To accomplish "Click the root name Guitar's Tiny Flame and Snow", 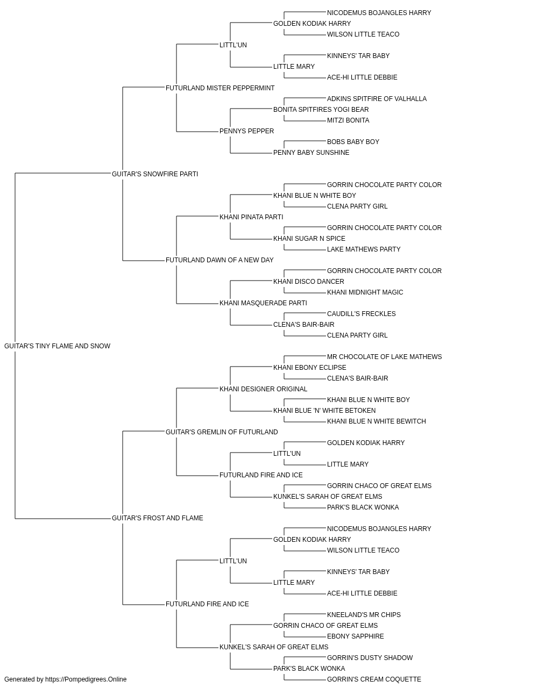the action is [58, 346].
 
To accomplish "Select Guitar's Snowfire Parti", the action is [155, 174].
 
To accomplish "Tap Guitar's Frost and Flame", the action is [158, 518].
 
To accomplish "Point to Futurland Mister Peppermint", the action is [220, 88].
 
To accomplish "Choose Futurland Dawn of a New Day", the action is [220, 260].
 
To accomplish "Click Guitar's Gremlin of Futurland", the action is [222, 432].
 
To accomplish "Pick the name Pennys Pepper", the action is [247, 131].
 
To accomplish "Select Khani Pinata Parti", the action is [251, 217].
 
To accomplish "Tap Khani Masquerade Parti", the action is [263, 303].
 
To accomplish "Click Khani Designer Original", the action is [263, 389].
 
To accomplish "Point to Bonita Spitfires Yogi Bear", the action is [321, 110].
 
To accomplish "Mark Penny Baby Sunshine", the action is [312, 153].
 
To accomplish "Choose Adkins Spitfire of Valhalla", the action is [377, 99].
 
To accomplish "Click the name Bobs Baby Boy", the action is [353, 142].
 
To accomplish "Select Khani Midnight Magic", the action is [365, 292].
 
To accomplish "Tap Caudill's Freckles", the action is [362, 314].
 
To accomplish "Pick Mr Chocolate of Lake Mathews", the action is [384, 357].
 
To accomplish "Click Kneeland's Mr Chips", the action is [364, 615].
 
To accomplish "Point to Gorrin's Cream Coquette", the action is [374, 679].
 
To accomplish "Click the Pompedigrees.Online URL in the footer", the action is [86, 679].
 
